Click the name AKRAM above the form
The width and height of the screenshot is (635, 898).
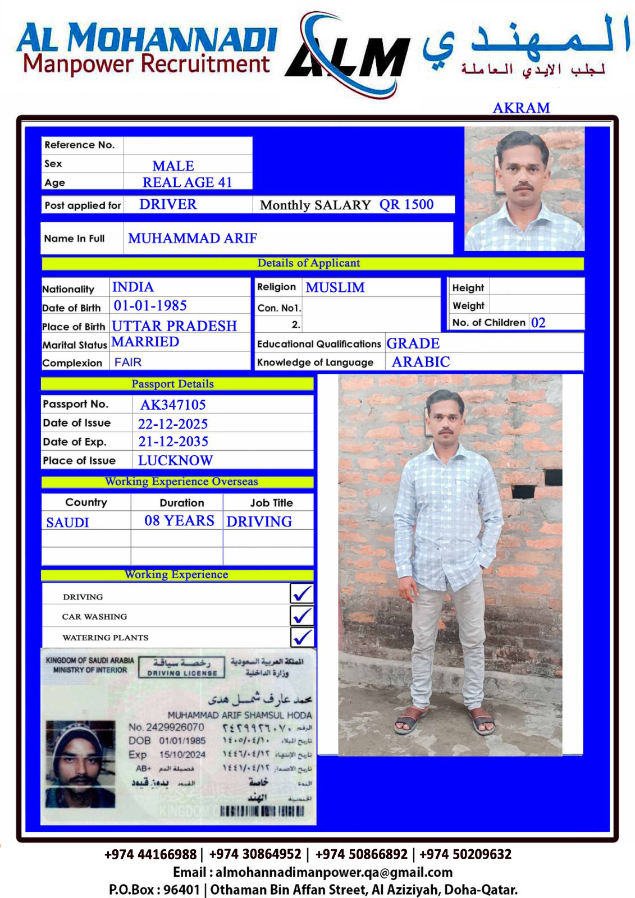click(x=521, y=108)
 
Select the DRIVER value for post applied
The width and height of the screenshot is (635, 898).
click(x=168, y=204)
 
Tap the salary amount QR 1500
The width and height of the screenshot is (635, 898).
click(x=406, y=204)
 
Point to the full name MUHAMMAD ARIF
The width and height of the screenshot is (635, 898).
click(x=192, y=239)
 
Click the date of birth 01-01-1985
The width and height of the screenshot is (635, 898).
click(x=150, y=306)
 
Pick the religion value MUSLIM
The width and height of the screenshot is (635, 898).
click(x=335, y=287)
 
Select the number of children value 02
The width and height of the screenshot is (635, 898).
click(x=538, y=323)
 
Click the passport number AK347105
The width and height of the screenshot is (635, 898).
click(x=173, y=405)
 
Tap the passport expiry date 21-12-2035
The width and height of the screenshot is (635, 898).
click(x=173, y=442)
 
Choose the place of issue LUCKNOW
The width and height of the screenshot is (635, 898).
click(x=175, y=461)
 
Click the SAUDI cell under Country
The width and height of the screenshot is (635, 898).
click(x=67, y=523)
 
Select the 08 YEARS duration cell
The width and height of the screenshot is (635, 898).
click(x=179, y=521)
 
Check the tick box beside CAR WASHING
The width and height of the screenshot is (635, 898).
click(x=301, y=616)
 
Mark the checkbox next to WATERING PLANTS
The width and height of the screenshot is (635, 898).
click(x=301, y=637)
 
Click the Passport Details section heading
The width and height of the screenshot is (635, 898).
click(x=172, y=384)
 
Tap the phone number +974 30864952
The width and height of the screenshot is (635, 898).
click(x=255, y=854)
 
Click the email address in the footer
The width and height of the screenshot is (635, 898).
click(x=334, y=872)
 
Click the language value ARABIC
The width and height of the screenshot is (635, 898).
click(x=421, y=362)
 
